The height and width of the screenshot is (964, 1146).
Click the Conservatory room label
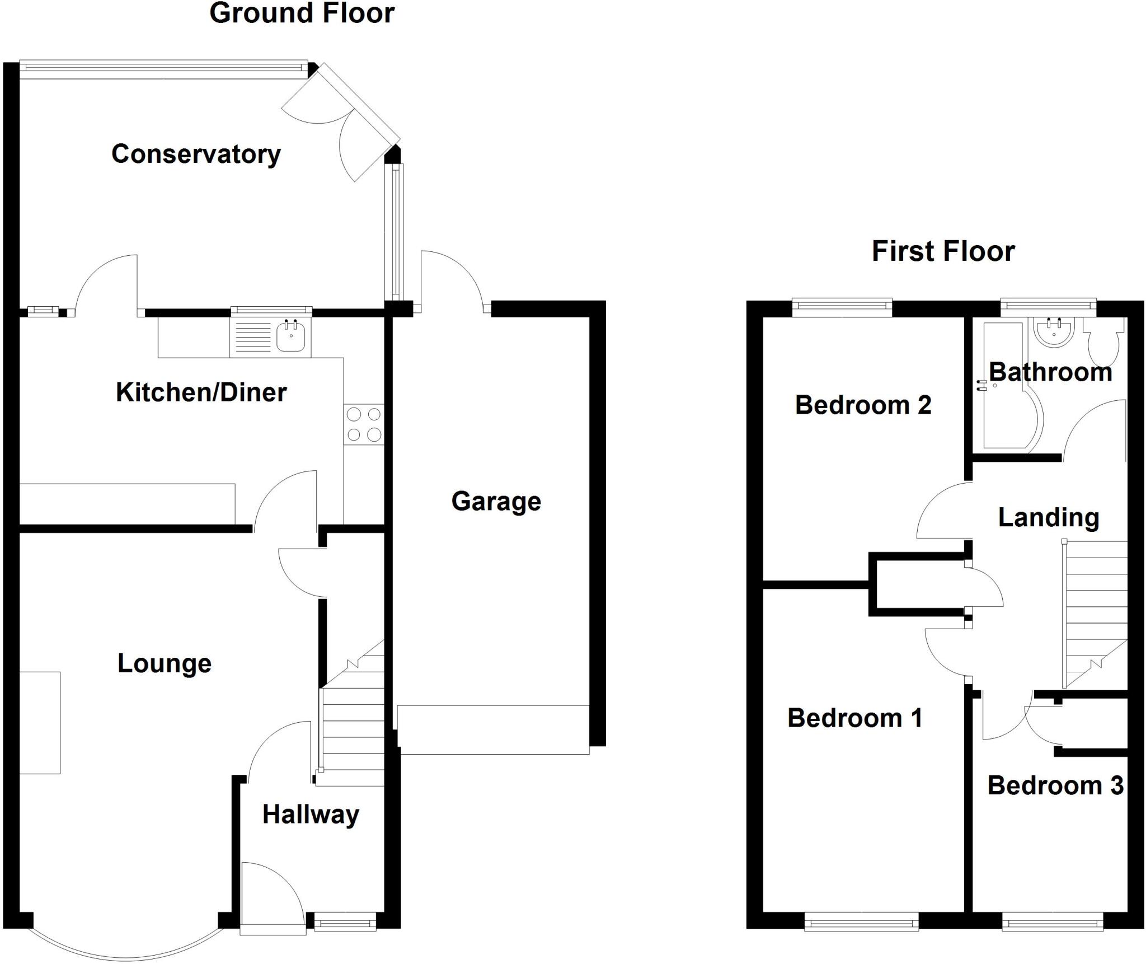pyautogui.click(x=196, y=155)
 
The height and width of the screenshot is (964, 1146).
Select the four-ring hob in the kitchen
pyautogui.click(x=364, y=424)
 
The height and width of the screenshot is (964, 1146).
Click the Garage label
pyautogui.click(x=496, y=502)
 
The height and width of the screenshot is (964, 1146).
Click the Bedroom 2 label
pyautogui.click(x=863, y=405)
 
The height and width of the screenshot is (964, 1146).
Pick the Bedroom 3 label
pyautogui.click(x=1055, y=786)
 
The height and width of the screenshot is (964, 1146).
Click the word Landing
pyautogui.click(x=1048, y=518)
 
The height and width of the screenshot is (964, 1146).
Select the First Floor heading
pyautogui.click(x=943, y=251)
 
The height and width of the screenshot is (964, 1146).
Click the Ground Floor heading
pyautogui.click(x=302, y=13)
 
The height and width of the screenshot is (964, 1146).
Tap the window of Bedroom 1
pyautogui.click(x=861, y=921)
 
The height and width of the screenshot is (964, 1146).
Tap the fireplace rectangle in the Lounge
pyautogui.click(x=40, y=723)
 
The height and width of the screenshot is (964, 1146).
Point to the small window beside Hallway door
pyautogui.click(x=345, y=921)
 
